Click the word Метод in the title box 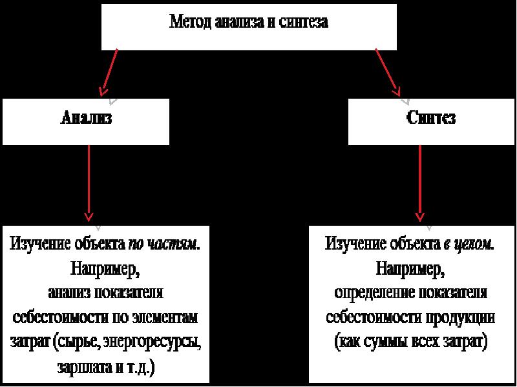191,22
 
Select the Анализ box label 87,117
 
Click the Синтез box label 431,117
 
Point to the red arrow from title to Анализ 109,72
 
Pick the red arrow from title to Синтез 388,72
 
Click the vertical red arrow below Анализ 89,183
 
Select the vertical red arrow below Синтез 419,183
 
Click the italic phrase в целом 469,244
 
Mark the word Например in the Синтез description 410,270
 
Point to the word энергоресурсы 152,342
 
